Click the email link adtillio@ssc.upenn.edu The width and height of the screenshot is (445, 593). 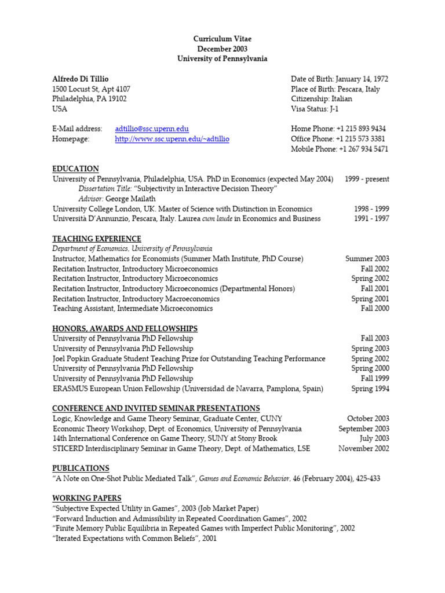152,129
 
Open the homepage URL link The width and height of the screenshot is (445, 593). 172,139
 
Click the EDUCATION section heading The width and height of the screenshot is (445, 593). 75,169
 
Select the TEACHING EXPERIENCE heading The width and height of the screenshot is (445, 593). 97,239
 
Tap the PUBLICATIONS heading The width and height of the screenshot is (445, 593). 81,468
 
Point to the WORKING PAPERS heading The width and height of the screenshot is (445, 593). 87,498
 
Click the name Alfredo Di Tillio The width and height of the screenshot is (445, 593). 80,79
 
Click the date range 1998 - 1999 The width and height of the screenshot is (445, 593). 371,208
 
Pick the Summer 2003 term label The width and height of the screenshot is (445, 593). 367,259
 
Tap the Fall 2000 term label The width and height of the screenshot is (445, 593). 375,309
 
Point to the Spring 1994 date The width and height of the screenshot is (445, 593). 370,389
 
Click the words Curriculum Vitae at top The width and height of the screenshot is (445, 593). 222,39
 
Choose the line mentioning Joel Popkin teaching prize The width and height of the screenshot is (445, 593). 189,358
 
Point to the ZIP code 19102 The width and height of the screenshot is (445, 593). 115,98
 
